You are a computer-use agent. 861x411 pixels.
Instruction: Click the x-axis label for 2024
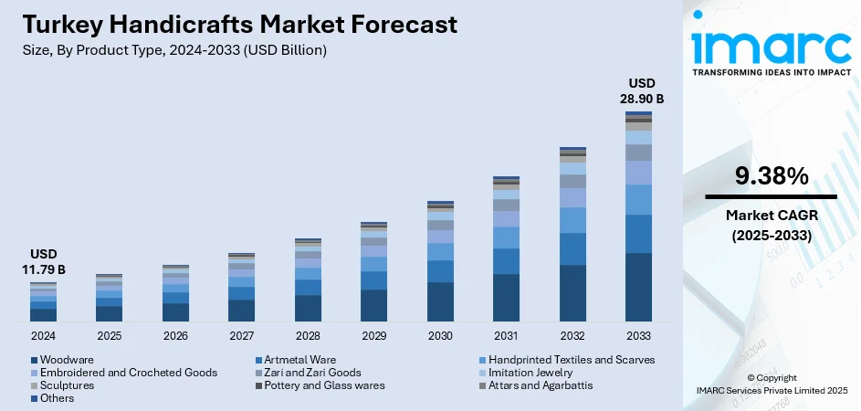pyautogui.click(x=43, y=336)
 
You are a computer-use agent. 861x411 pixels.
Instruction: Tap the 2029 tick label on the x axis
pyautogui.click(x=373, y=336)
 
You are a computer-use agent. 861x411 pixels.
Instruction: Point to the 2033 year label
pyautogui.click(x=638, y=336)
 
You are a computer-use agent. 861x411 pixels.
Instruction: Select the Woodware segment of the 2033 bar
pyautogui.click(x=638, y=287)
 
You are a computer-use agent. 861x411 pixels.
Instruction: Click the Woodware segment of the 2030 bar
pyautogui.click(x=440, y=301)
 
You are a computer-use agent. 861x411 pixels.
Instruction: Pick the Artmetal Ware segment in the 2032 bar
pyautogui.click(x=572, y=248)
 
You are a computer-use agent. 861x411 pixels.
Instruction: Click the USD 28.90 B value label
pyautogui.click(x=638, y=91)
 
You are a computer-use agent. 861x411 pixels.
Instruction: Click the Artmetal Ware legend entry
pyautogui.click(x=297, y=359)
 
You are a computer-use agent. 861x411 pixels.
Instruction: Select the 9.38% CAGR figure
pyautogui.click(x=771, y=176)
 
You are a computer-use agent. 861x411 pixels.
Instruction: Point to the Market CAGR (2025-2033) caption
pyautogui.click(x=771, y=225)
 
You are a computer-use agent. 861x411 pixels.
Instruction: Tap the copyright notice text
pyautogui.click(x=771, y=385)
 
